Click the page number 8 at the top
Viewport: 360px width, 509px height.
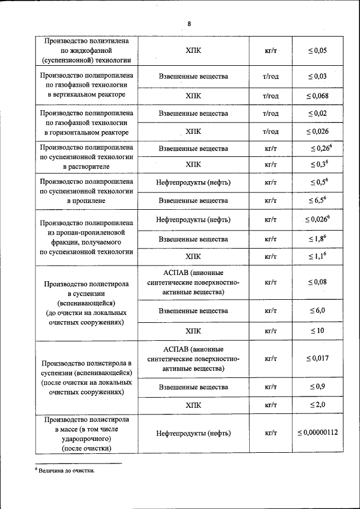coord(190,23)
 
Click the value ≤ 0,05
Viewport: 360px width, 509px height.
coord(317,51)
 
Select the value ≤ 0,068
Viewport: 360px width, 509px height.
coord(317,96)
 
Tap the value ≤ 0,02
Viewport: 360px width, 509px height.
coord(317,114)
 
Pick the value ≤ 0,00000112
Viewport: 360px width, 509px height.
coord(317,433)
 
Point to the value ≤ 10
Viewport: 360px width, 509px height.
coord(317,330)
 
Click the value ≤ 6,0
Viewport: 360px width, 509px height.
coord(317,310)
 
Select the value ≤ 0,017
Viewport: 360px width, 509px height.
coord(317,358)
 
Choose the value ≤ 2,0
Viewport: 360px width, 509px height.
coord(317,404)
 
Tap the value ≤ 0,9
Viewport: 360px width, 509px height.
coord(317,386)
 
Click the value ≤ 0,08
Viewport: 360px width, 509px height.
coord(317,282)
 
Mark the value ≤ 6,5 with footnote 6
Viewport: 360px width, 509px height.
coord(318,200)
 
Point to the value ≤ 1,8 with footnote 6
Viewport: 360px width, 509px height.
coord(318,239)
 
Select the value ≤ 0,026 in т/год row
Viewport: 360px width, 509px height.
coord(317,132)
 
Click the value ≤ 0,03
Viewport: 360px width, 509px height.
coord(317,76)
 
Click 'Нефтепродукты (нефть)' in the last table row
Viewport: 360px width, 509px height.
coord(193,433)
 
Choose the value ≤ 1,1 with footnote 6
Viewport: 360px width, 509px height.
coord(318,256)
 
